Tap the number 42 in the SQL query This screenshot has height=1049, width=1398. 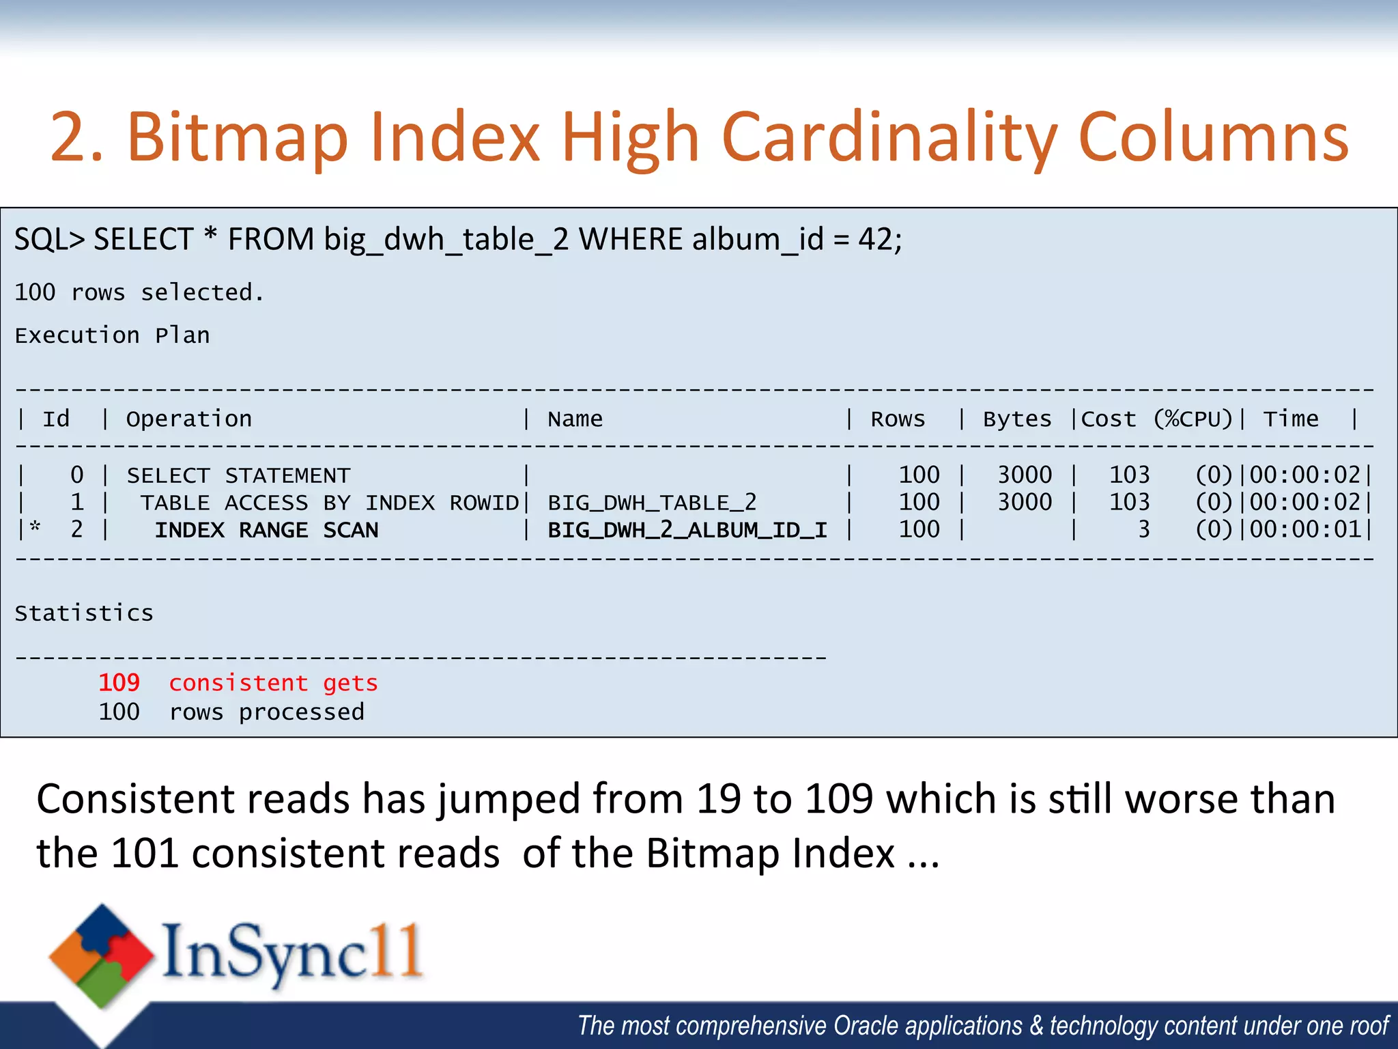click(876, 240)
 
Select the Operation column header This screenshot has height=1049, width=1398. click(189, 419)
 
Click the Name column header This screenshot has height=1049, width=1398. click(575, 419)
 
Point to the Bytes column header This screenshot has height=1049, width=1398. click(1017, 419)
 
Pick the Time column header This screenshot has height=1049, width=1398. click(1291, 419)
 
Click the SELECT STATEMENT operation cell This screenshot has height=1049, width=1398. click(238, 475)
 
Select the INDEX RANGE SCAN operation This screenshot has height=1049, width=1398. click(266, 530)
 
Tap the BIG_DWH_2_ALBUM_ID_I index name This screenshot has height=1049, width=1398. click(687, 530)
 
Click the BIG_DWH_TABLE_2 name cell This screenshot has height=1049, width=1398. click(652, 503)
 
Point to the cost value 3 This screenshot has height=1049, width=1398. click(1143, 530)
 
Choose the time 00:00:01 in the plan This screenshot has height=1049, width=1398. click(1305, 530)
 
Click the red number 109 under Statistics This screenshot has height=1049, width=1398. click(119, 683)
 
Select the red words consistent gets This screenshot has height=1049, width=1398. click(273, 683)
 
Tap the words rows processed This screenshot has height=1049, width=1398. click(267, 712)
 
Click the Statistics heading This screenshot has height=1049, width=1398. click(84, 613)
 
